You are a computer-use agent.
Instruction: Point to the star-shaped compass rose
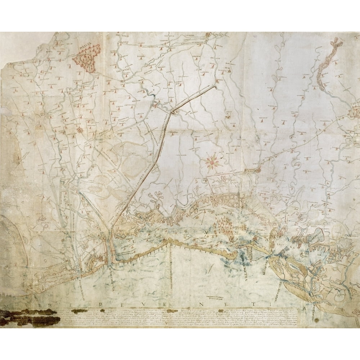click(212, 161)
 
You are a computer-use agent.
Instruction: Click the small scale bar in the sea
click(210, 295)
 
